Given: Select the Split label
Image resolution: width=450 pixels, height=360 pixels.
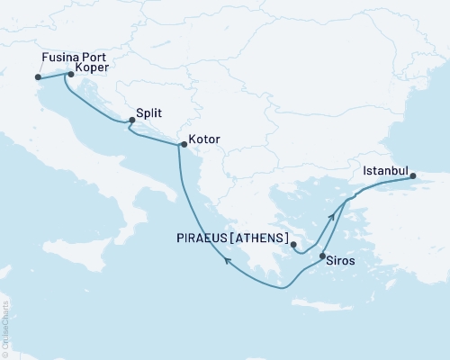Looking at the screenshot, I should tap(149, 115).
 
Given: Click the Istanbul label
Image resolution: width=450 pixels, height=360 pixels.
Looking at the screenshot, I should tap(386, 169).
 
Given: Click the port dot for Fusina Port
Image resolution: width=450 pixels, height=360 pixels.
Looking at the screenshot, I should tap(38, 77).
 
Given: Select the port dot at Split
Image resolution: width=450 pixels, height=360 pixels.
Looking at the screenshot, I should tap(132, 120).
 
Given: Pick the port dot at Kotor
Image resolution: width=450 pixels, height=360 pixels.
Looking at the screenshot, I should tap(181, 144).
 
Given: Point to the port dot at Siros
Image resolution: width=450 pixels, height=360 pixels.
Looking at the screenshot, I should tap(322, 257).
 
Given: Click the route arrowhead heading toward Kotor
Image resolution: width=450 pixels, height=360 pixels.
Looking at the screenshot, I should tap(228, 260).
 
